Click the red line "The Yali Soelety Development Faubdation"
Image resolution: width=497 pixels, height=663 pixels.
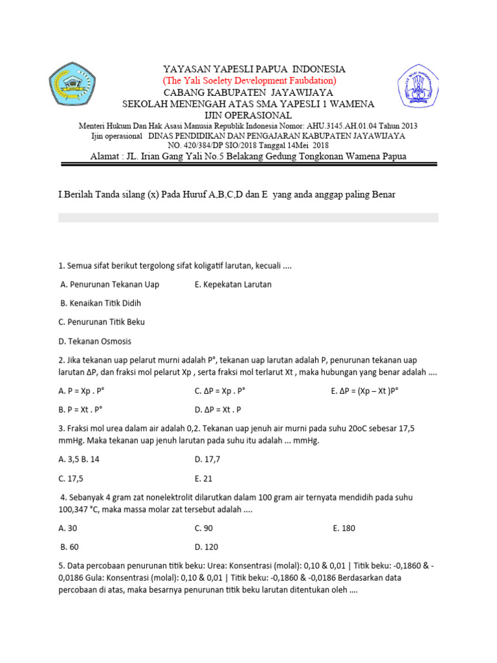(248, 80)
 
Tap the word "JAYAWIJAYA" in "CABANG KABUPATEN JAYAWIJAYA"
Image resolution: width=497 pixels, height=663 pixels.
(304, 93)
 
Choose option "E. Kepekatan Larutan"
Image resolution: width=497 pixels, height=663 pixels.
(232, 284)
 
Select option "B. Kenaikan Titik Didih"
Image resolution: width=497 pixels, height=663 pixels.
(100, 303)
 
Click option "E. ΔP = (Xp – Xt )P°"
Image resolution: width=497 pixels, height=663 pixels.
(364, 391)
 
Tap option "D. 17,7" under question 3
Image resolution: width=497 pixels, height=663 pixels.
(209, 460)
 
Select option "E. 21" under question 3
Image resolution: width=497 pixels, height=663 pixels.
(203, 478)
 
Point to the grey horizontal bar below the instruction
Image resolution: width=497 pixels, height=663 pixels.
(248, 218)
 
